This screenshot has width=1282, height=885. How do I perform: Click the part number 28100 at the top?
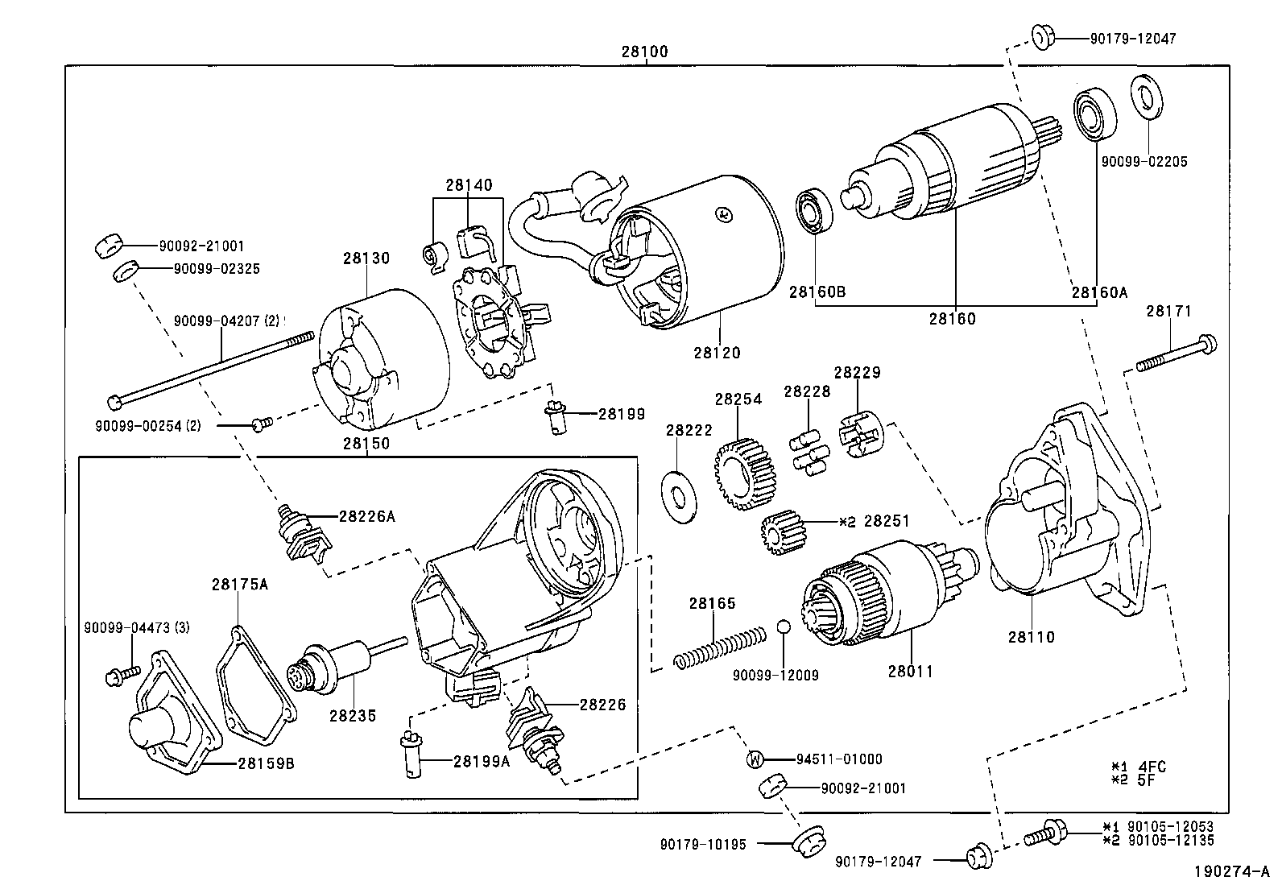coord(644,52)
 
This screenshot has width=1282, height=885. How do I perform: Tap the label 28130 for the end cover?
coord(366,258)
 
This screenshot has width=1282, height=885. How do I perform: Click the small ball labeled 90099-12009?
coord(784,627)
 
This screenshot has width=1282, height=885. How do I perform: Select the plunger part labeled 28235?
coord(338,668)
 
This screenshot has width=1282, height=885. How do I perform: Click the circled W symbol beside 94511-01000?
coord(755,759)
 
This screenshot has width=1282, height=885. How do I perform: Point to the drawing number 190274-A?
coord(1231,871)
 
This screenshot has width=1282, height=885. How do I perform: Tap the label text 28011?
coord(912,670)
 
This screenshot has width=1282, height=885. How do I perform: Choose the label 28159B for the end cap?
coord(265,763)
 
